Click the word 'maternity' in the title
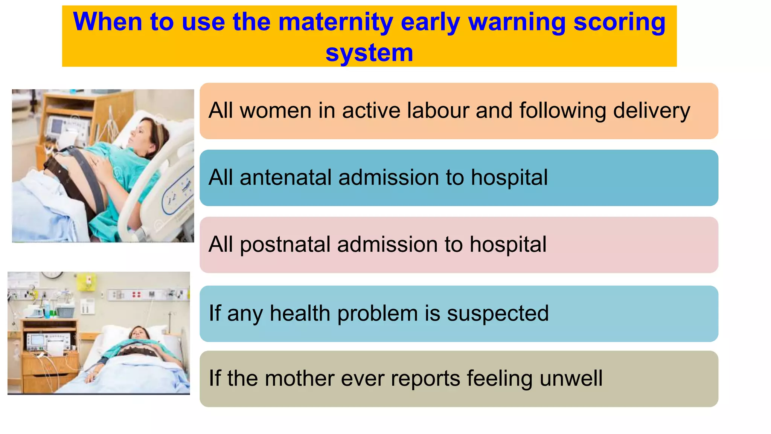[x=335, y=22]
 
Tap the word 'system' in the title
[x=369, y=52]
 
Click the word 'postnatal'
[x=285, y=245]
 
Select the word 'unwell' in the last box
[x=571, y=378]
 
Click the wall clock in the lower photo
[x=52, y=274]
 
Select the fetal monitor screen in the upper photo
[x=56, y=126]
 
